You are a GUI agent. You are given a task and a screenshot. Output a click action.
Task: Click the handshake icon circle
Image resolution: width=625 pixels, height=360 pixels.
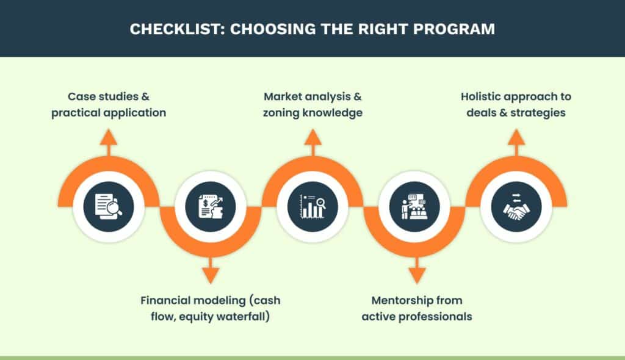(x=516, y=207)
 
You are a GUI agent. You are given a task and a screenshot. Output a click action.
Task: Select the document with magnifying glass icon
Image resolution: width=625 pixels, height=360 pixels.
(x=109, y=207)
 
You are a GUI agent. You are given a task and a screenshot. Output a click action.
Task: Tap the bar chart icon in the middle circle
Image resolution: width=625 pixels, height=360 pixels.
(x=312, y=207)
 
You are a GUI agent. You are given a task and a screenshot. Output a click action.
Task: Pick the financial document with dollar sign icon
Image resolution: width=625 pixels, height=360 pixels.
(x=211, y=207)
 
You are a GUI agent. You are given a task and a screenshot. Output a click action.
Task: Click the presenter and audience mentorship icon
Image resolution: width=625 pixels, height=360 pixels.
(x=414, y=207)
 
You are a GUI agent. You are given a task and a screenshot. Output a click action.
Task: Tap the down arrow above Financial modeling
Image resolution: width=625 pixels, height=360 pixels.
(x=211, y=275)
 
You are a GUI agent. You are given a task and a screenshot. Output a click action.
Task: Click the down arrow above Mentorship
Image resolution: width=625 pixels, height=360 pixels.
(x=414, y=275)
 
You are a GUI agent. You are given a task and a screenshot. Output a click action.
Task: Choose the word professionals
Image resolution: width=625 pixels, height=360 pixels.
(x=438, y=317)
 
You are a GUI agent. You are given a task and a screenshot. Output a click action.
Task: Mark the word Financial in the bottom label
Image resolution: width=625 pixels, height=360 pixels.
(x=165, y=301)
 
